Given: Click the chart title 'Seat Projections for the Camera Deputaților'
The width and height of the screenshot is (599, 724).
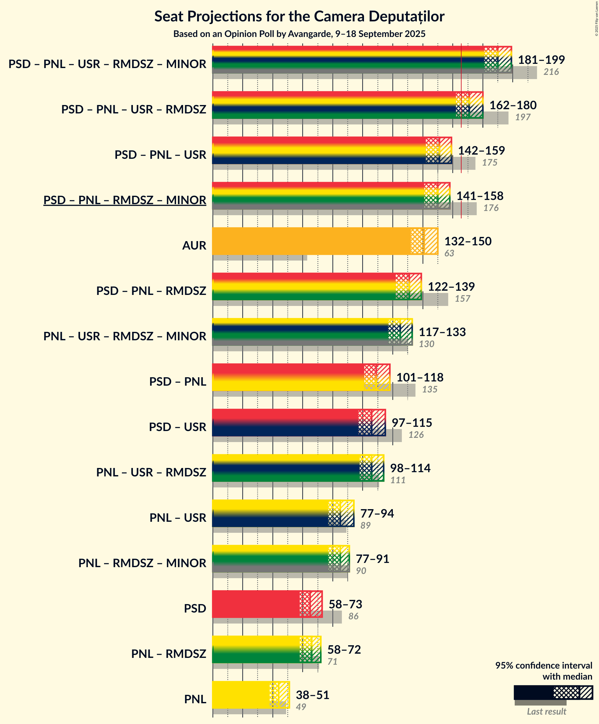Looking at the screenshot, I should click(299, 17).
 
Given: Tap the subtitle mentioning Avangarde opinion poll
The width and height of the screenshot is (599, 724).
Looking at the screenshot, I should click(299, 34).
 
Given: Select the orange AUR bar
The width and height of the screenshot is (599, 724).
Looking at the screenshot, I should click(311, 241).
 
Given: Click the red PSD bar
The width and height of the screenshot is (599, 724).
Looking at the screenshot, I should click(255, 604).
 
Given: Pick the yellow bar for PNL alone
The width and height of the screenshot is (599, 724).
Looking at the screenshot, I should click(241, 695).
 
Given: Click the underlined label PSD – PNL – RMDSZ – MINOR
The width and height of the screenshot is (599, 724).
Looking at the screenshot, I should click(125, 200).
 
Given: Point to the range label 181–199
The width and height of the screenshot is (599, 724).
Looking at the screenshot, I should click(541, 60).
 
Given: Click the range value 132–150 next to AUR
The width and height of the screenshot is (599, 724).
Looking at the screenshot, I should click(468, 241).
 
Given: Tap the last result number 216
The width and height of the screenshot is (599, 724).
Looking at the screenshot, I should click(551, 72).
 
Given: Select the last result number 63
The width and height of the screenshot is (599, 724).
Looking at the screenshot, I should click(449, 253).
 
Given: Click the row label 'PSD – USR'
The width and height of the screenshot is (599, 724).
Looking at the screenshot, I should click(177, 427).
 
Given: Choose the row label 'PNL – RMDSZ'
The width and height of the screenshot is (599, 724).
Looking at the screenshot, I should click(169, 654).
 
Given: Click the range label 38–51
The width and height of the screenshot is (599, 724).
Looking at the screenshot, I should click(312, 695).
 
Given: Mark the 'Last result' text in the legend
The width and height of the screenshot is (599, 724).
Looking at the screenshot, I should click(546, 711).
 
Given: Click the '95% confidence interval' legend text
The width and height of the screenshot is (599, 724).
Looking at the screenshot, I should click(544, 666).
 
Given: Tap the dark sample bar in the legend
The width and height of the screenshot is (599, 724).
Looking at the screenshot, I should click(533, 692).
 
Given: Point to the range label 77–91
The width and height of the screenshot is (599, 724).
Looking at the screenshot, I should click(372, 558).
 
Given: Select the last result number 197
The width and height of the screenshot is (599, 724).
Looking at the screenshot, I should click(523, 117).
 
